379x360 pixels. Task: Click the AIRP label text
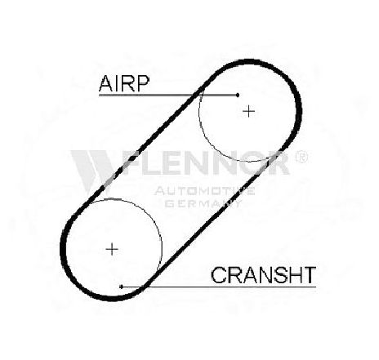(x=124, y=83)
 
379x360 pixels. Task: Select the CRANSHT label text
(x=263, y=275)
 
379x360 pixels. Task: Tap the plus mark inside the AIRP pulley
(x=248, y=111)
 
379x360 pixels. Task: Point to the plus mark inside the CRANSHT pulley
(x=112, y=249)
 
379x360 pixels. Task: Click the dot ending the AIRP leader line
(x=238, y=95)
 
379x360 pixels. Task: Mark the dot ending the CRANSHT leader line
(x=122, y=287)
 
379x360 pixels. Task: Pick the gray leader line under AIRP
(x=168, y=95)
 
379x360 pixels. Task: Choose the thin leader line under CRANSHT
(x=219, y=287)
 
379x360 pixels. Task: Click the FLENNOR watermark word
(x=207, y=162)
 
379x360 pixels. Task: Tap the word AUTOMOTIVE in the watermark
(x=204, y=191)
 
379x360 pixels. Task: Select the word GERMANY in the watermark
(x=203, y=203)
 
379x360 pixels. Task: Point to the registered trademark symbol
(x=301, y=157)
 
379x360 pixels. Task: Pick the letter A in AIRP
(x=106, y=83)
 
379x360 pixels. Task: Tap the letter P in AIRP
(x=144, y=83)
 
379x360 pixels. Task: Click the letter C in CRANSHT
(x=218, y=275)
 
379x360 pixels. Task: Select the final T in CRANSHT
(x=310, y=275)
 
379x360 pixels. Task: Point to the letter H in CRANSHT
(x=296, y=275)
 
